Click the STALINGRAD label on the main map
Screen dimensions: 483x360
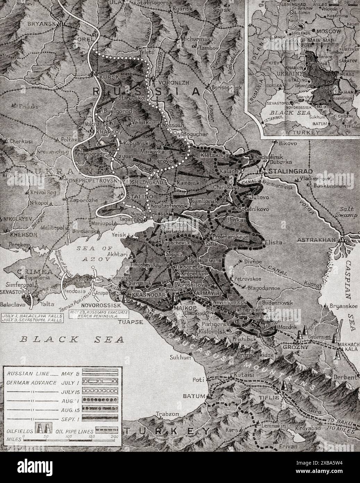[x=291, y=171]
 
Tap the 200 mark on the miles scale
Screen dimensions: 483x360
[x=114, y=437]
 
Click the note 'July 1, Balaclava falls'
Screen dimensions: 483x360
[x=32, y=316]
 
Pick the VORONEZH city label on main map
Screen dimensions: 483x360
[x=170, y=83]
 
